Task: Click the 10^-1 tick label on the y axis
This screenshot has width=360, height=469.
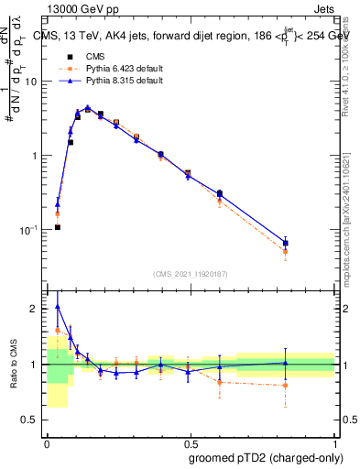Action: pyautogui.click(x=31, y=230)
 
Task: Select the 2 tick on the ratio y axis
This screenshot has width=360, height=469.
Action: pyautogui.click(x=38, y=309)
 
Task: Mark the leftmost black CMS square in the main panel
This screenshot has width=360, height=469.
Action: pyautogui.click(x=58, y=227)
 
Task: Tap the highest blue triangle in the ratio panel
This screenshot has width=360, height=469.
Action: pyautogui.click(x=58, y=307)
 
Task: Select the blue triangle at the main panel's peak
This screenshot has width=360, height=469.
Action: pyautogui.click(x=87, y=107)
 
